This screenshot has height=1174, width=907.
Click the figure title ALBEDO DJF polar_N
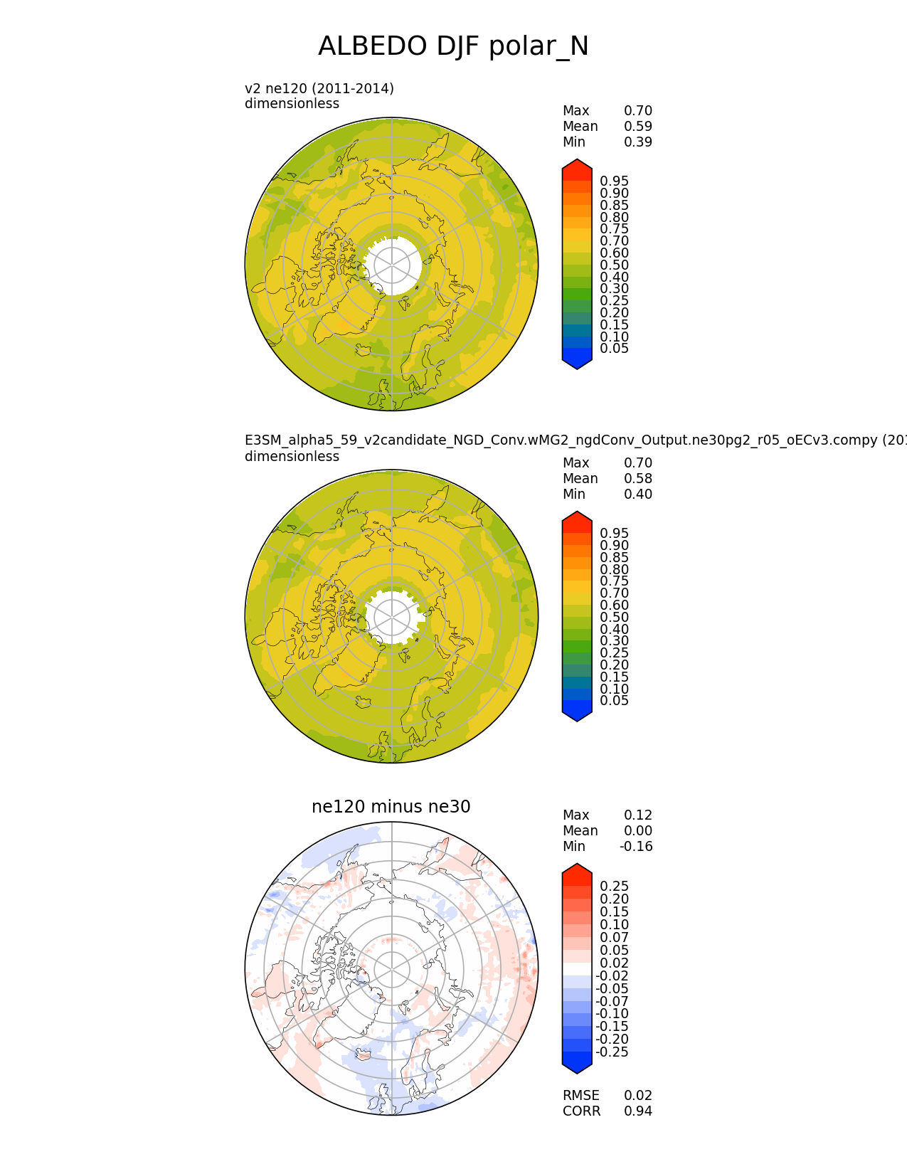452,46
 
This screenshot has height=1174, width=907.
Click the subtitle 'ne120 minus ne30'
391,806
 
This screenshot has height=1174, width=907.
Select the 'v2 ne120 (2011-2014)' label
319,89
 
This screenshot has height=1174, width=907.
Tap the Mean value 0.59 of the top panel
638,127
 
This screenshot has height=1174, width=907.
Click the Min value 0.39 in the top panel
638,142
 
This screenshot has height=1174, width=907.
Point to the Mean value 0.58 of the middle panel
638,479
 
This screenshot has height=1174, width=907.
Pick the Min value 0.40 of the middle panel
638,495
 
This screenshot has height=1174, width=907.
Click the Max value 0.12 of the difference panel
638,815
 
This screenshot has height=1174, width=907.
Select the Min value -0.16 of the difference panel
636,846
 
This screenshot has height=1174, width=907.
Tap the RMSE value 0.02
638,1095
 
